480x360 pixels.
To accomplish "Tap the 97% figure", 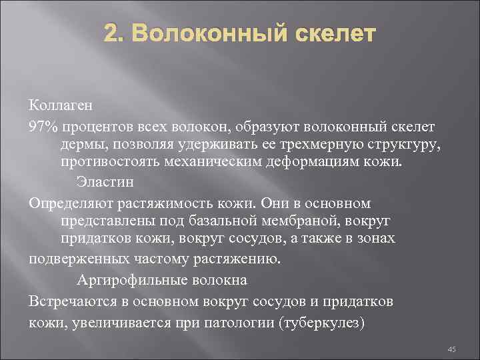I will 43,126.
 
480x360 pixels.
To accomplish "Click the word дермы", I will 83,145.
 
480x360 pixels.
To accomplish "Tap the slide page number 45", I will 450,349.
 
